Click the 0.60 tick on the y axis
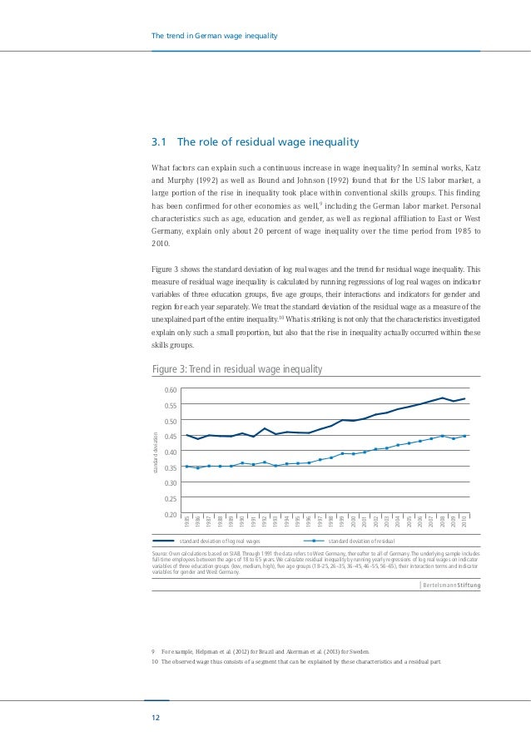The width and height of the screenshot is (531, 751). tap(171, 390)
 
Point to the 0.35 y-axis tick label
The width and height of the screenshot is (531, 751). tap(171, 467)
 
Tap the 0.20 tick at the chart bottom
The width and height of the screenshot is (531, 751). tap(171, 515)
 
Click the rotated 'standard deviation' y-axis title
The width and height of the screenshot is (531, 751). tap(154, 452)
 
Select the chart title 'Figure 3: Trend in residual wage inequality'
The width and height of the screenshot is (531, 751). tap(237, 369)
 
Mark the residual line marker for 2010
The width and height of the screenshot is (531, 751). tap(464, 436)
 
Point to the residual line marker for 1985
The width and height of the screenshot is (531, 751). tap(186, 466)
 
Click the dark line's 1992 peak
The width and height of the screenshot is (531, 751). tap(265, 429)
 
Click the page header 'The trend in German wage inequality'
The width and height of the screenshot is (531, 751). tap(213, 36)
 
